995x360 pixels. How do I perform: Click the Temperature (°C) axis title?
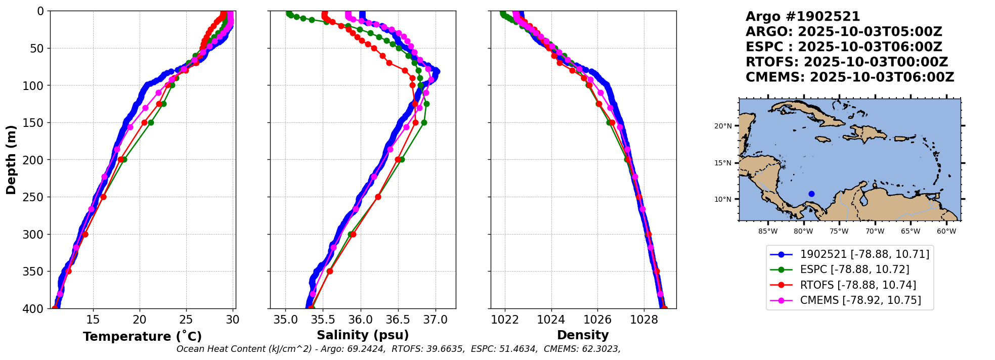tap(142, 336)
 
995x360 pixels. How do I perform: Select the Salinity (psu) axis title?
tap(363, 335)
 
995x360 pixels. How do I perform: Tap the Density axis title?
tap(583, 335)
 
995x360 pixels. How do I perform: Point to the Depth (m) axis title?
tap(11, 160)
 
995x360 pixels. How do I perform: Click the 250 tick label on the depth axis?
tap(35, 197)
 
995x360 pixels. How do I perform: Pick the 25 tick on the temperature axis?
tap(186, 320)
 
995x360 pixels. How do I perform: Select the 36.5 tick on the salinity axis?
tap(398, 320)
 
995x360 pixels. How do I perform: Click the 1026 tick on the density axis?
tap(597, 320)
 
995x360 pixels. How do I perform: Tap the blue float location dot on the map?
tap(811, 194)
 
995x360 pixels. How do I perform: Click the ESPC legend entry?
tap(854, 269)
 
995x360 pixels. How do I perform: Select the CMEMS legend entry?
tap(860, 300)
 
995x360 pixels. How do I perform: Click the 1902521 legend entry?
tap(864, 254)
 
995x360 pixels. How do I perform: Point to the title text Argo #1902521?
tap(803, 17)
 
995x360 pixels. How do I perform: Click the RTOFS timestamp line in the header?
tap(847, 62)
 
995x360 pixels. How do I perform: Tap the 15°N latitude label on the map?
tap(723, 163)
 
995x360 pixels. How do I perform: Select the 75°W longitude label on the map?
tap(839, 232)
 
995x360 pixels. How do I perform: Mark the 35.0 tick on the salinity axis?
tap(286, 320)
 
